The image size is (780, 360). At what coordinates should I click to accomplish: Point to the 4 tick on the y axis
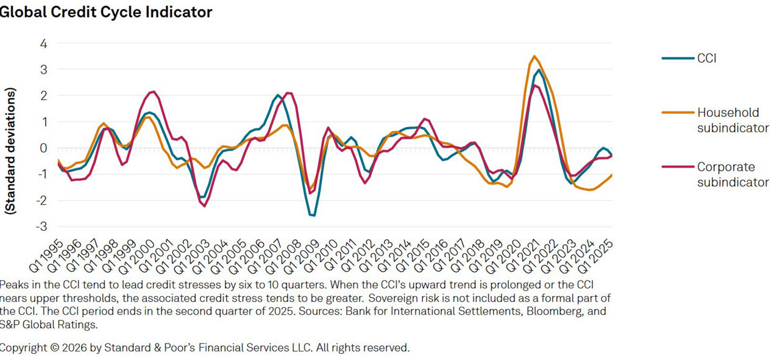tap(43, 44)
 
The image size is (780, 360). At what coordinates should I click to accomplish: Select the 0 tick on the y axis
tap(43, 148)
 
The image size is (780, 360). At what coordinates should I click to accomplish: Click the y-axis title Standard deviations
tap(10, 150)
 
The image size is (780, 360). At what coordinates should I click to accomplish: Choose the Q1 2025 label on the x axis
tap(597, 256)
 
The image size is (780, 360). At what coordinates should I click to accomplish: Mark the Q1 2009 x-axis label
tap(305, 256)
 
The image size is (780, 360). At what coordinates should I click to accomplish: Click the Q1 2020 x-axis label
tap(506, 256)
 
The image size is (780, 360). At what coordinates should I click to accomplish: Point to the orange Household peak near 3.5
tap(534, 57)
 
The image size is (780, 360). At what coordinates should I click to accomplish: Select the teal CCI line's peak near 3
tap(539, 69)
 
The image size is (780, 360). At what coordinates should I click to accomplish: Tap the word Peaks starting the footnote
tap(13, 285)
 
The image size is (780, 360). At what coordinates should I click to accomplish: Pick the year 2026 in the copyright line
tap(66, 348)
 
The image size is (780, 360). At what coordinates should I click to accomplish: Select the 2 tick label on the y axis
tap(43, 96)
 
